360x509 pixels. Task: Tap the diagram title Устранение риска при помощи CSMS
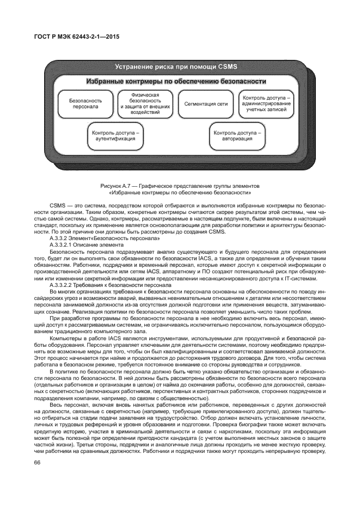(176, 66)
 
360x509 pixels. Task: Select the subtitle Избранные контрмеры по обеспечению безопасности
(176, 82)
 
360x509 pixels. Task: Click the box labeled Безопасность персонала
(85, 103)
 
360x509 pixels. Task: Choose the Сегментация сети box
(206, 103)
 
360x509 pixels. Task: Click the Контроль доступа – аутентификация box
(115, 136)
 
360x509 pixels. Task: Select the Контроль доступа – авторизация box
(237, 136)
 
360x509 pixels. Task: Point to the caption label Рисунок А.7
(118, 186)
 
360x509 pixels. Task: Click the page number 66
(38, 463)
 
